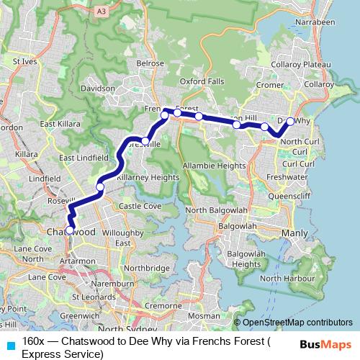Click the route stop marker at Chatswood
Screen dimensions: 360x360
70,230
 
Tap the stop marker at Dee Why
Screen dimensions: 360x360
290,122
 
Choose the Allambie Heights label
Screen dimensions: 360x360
215,166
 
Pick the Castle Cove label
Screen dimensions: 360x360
140,206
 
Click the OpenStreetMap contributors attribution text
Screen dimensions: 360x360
297,323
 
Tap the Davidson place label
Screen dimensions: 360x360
98,89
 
